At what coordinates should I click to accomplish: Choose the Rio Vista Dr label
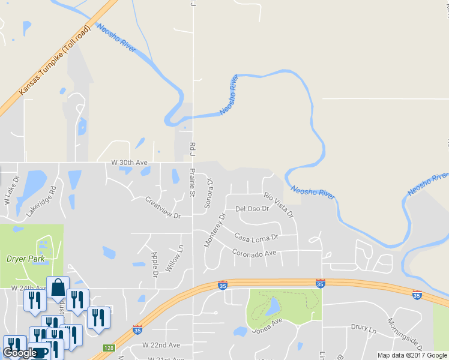click(x=280, y=205)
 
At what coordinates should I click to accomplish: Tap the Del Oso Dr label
click(x=252, y=209)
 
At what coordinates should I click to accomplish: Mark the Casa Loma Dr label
click(x=257, y=236)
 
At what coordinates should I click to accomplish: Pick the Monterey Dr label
click(x=214, y=230)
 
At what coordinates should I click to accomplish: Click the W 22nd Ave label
click(x=161, y=346)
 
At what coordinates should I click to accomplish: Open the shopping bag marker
click(x=58, y=289)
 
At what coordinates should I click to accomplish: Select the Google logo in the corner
click(x=20, y=353)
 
